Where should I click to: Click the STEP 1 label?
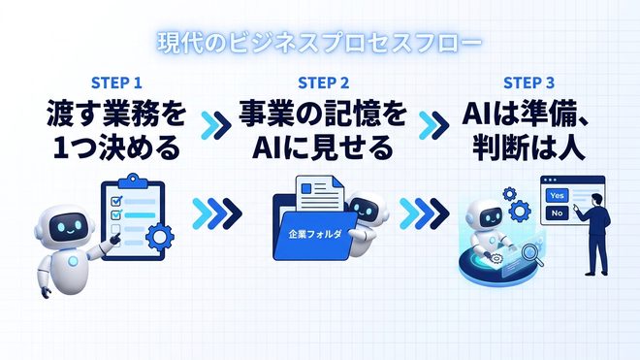(x=116, y=82)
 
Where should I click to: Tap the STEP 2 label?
(x=323, y=82)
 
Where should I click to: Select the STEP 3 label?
(x=529, y=82)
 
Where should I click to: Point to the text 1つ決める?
(x=117, y=147)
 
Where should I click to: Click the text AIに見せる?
(x=323, y=147)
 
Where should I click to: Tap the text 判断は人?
(x=529, y=147)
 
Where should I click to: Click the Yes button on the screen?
(x=558, y=196)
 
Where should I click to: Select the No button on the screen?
(x=558, y=213)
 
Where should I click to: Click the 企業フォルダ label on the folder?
(x=315, y=235)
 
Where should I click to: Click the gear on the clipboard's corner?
(x=160, y=237)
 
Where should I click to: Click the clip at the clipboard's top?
(x=132, y=180)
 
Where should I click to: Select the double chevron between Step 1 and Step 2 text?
(x=216, y=125)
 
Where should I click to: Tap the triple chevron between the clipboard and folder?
(x=217, y=213)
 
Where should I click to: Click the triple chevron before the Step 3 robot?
(x=424, y=213)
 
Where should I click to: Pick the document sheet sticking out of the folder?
(x=320, y=194)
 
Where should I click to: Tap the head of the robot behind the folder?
(x=366, y=208)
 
